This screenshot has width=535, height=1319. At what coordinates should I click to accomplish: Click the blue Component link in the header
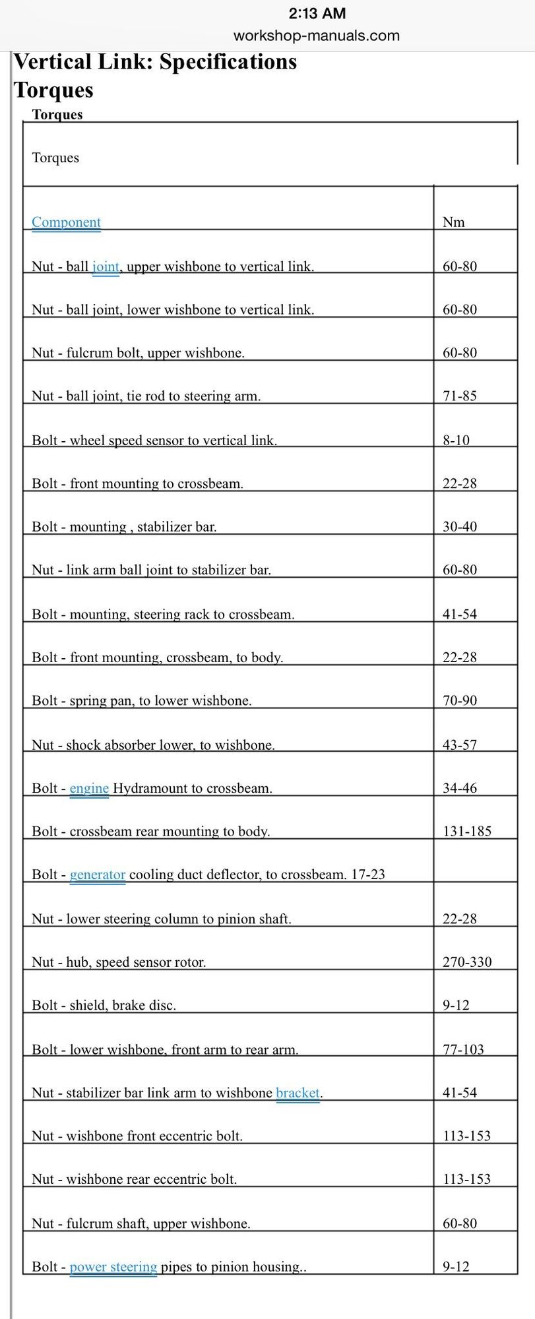coord(66,222)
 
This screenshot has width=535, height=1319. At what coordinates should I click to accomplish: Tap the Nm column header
coord(453,222)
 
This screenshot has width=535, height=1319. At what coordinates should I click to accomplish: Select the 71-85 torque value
coord(459,396)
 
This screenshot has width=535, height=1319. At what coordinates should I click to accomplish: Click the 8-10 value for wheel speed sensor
coord(456,440)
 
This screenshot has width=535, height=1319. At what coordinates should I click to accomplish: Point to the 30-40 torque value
coord(459,526)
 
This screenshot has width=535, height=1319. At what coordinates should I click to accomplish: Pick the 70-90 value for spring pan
coord(459,700)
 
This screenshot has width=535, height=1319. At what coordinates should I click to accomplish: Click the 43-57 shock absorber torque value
coord(459,745)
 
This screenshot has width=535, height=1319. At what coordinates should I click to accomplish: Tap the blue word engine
coord(89,788)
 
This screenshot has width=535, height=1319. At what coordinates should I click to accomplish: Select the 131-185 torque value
coord(467,831)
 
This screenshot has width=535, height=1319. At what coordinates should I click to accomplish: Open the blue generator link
coord(98,874)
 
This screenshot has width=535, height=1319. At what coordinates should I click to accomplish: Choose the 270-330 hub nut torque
coord(467,962)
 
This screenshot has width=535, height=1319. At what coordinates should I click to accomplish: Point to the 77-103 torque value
coord(463,1049)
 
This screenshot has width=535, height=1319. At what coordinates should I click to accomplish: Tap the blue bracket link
coord(298,1093)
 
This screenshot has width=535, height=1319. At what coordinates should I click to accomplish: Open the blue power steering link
coord(113,1266)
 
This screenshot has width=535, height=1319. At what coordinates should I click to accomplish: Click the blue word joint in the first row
coord(106,266)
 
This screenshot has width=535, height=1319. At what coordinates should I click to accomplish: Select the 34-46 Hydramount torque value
coord(459,788)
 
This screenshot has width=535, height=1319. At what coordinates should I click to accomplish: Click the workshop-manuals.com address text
coord(317,36)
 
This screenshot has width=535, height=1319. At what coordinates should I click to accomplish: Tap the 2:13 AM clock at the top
coord(317,13)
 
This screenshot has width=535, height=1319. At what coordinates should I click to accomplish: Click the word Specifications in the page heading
coord(228,62)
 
